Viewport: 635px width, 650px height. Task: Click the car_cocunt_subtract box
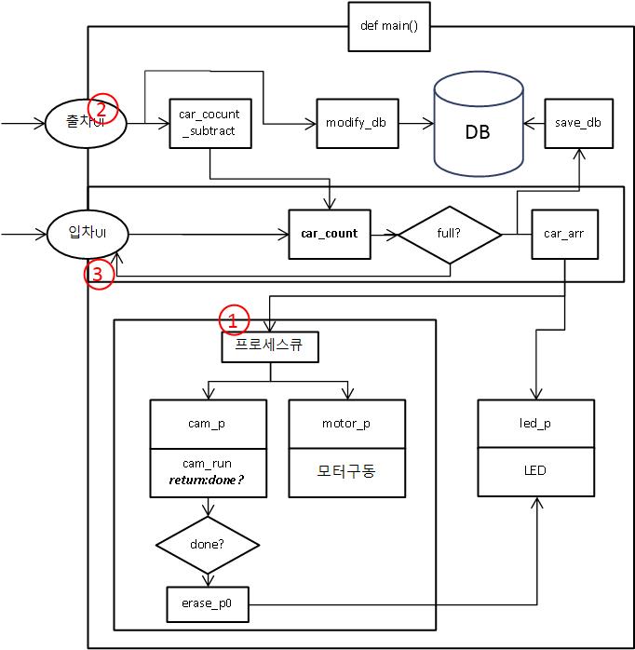click(x=209, y=122)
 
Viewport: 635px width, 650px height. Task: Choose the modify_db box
click(x=356, y=122)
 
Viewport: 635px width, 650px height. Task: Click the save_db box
click(x=579, y=122)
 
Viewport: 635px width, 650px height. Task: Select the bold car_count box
click(x=329, y=234)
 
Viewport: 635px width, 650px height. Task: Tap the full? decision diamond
click(x=450, y=234)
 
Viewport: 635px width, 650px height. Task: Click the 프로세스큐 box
click(x=270, y=347)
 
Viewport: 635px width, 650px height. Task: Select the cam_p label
click(x=207, y=424)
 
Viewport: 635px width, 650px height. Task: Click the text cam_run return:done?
click(x=207, y=471)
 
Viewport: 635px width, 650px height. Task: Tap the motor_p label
click(x=346, y=424)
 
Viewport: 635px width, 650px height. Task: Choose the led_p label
click(x=535, y=424)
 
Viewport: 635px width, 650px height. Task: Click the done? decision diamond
click(x=207, y=542)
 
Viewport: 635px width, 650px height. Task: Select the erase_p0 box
click(x=207, y=603)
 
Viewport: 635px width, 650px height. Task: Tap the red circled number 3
click(x=100, y=274)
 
